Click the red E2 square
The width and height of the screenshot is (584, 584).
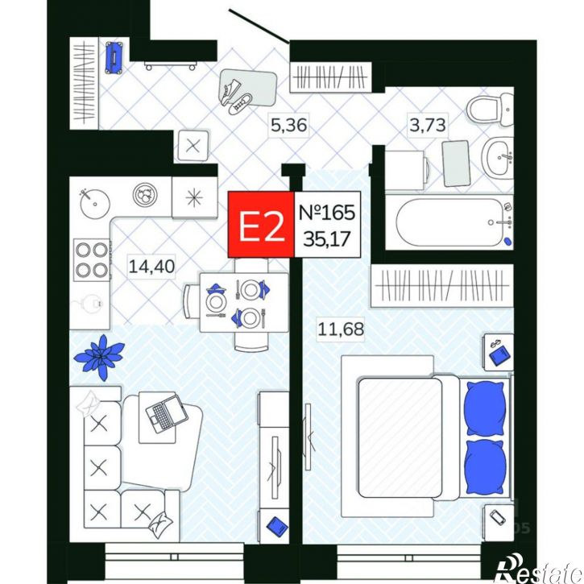261,225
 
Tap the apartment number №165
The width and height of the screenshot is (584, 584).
327,213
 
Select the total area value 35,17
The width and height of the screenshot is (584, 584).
327,238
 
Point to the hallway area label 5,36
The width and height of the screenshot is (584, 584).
288,125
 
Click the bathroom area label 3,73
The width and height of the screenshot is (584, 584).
428,125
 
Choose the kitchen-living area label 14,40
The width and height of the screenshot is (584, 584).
151,267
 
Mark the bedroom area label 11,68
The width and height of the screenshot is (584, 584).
341,329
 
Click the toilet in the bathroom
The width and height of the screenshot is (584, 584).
491,110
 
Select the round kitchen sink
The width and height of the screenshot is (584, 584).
94,203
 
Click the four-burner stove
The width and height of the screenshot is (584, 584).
92,260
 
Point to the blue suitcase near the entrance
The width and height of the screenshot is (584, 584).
114,57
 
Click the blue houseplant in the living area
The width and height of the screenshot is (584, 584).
100,357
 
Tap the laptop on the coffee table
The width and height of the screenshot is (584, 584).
166,412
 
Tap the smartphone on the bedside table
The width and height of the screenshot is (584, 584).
498,517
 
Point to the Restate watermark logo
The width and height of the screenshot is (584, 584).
540,572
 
